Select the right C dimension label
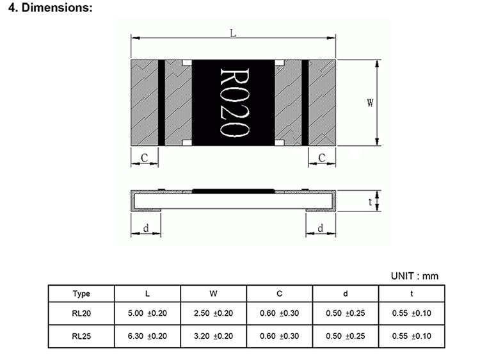click(322, 157)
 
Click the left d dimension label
click(146, 228)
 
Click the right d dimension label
click(320, 228)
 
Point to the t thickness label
click(371, 202)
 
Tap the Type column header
click(81, 294)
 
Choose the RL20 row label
click(81, 314)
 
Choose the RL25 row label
click(81, 336)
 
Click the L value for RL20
click(147, 314)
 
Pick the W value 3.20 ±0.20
click(213, 336)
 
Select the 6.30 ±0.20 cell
click(147, 336)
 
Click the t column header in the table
click(412, 294)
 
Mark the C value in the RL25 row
click(279, 336)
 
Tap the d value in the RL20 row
click(346, 314)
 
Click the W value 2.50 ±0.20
click(213, 314)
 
